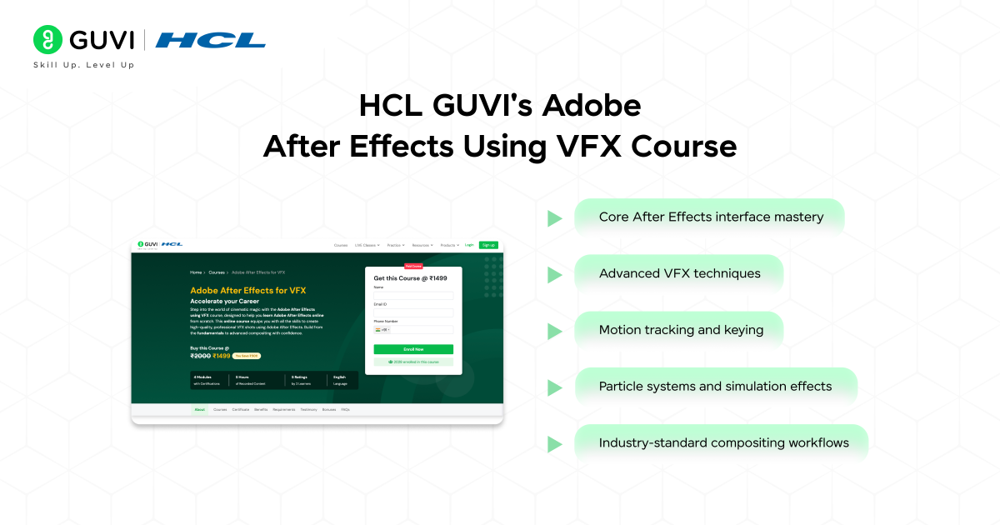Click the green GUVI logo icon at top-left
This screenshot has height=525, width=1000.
48,39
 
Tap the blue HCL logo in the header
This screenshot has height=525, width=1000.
210,40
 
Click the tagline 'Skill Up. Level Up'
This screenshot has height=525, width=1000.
83,65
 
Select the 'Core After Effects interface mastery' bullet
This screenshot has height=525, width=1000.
710,217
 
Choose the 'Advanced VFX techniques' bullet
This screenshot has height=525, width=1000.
679,273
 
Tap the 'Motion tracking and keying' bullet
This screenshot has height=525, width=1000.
680,330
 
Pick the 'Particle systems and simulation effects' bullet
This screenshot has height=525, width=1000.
715,387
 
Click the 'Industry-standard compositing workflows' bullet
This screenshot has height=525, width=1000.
723,443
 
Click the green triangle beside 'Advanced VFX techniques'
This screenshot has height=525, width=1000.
554,275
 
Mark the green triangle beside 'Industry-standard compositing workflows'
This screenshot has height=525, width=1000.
554,444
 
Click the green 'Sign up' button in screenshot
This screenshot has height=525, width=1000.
488,245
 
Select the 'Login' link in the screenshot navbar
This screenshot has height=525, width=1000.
469,245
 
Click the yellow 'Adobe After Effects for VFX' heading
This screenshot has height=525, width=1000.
248,290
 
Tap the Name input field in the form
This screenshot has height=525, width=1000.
413,295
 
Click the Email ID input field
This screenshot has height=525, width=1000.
413,312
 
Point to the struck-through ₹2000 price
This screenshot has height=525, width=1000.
200,356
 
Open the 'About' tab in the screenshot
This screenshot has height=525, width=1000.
200,410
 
